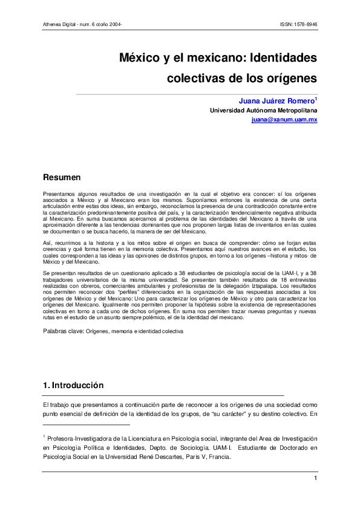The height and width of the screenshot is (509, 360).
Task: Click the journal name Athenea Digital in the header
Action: pos(60,24)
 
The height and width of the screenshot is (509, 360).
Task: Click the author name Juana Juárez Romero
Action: pos(275,101)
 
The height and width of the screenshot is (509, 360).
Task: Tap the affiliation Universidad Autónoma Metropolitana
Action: pos(263,111)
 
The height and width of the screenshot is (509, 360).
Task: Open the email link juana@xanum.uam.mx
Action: pos(284,120)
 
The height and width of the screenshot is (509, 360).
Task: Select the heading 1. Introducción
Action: pos(73,385)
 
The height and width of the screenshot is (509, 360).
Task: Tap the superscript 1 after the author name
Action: pos(316,98)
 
